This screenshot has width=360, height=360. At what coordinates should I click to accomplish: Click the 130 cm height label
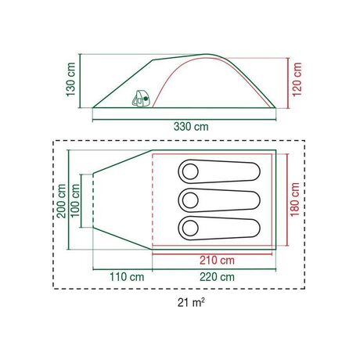pos(70,80)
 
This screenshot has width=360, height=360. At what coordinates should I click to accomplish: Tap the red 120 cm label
pos(297,80)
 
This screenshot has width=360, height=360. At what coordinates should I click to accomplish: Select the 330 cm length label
pos(191,127)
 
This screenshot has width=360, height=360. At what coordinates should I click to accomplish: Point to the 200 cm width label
pos(62,201)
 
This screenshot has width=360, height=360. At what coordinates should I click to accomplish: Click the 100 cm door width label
pos(75,201)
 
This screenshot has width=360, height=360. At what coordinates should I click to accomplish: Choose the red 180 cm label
pos(295,200)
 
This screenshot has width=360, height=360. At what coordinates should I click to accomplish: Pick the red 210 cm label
pos(217,261)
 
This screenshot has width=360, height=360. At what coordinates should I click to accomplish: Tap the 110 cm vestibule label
pos(127,277)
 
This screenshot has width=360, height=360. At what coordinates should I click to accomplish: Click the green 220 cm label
pos(217,277)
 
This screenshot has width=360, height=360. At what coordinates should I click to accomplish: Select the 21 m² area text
pos(191,303)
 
